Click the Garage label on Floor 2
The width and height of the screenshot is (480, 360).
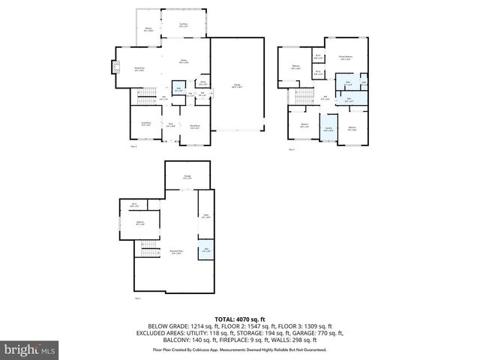click(x=236, y=88)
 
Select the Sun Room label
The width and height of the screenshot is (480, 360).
click(x=184, y=25)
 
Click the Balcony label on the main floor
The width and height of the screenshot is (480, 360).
click(x=148, y=30)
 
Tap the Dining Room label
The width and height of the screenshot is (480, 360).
click(x=194, y=127)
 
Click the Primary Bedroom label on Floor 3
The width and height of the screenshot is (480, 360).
click(x=345, y=58)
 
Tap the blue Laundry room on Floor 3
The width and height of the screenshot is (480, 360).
click(x=328, y=129)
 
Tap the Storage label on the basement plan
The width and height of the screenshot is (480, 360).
click(x=188, y=177)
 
